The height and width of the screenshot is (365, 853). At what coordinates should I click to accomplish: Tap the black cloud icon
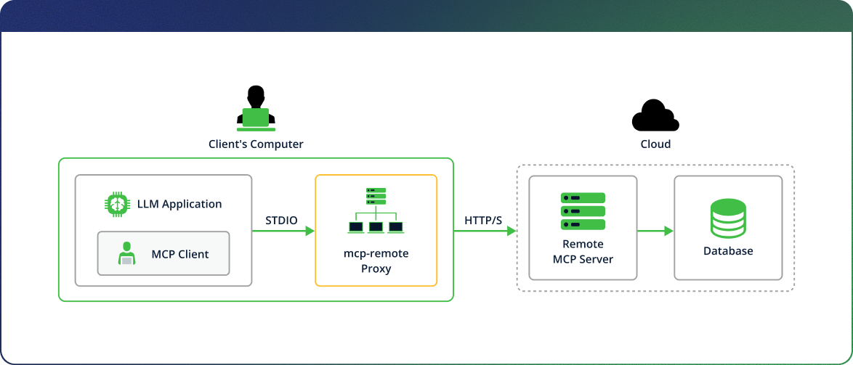tap(655, 115)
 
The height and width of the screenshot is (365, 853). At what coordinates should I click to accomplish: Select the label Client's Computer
tap(256, 144)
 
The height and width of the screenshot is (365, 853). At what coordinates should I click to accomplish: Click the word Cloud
tap(655, 144)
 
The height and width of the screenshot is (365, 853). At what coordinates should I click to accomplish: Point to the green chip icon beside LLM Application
tap(116, 204)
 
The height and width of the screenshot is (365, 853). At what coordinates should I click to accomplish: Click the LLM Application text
tap(179, 204)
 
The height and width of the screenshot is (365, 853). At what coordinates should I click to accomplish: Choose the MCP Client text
tap(180, 254)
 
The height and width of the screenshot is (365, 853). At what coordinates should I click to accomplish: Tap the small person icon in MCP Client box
tap(126, 253)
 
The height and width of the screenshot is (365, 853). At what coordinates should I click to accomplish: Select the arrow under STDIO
tap(283, 231)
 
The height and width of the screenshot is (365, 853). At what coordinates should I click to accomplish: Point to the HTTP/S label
tap(483, 220)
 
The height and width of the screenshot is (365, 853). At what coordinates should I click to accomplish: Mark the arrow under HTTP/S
tap(485, 231)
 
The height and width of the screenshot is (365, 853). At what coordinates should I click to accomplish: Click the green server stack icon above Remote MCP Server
tap(583, 211)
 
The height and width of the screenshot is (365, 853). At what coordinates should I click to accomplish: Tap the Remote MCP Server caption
tap(583, 251)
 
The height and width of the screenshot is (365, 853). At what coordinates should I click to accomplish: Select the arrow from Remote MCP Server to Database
tap(655, 231)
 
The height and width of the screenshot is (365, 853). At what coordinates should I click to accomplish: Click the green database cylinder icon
tap(728, 218)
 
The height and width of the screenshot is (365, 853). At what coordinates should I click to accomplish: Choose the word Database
tap(728, 251)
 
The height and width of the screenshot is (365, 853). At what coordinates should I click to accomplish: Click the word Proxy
tap(376, 268)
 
